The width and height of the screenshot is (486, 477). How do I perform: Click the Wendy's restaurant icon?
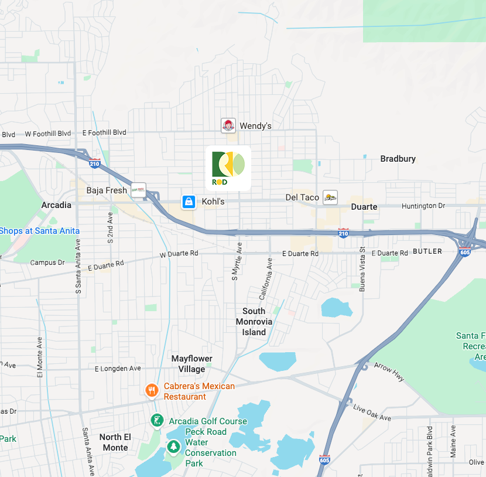coord(228,125)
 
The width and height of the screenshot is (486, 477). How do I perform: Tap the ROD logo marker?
coord(228,168)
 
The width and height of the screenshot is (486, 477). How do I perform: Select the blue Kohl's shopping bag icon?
coord(189,202)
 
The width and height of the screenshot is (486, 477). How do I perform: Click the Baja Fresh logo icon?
coord(138,190)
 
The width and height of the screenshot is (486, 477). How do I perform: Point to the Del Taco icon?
coord(330,197)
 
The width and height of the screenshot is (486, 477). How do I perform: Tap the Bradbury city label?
coord(398,159)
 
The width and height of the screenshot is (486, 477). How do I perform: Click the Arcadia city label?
coord(56,205)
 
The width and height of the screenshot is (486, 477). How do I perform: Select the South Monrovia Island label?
coord(254,322)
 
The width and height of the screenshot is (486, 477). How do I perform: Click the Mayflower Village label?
coord(191,364)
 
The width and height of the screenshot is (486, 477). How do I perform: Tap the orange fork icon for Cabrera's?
coord(152,390)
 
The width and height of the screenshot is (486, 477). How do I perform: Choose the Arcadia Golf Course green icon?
coord(156,420)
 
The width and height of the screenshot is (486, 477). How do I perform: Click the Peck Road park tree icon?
coord(173,447)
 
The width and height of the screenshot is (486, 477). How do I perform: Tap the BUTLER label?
coord(427,251)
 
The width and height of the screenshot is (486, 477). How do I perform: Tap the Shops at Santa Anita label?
coord(39,231)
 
